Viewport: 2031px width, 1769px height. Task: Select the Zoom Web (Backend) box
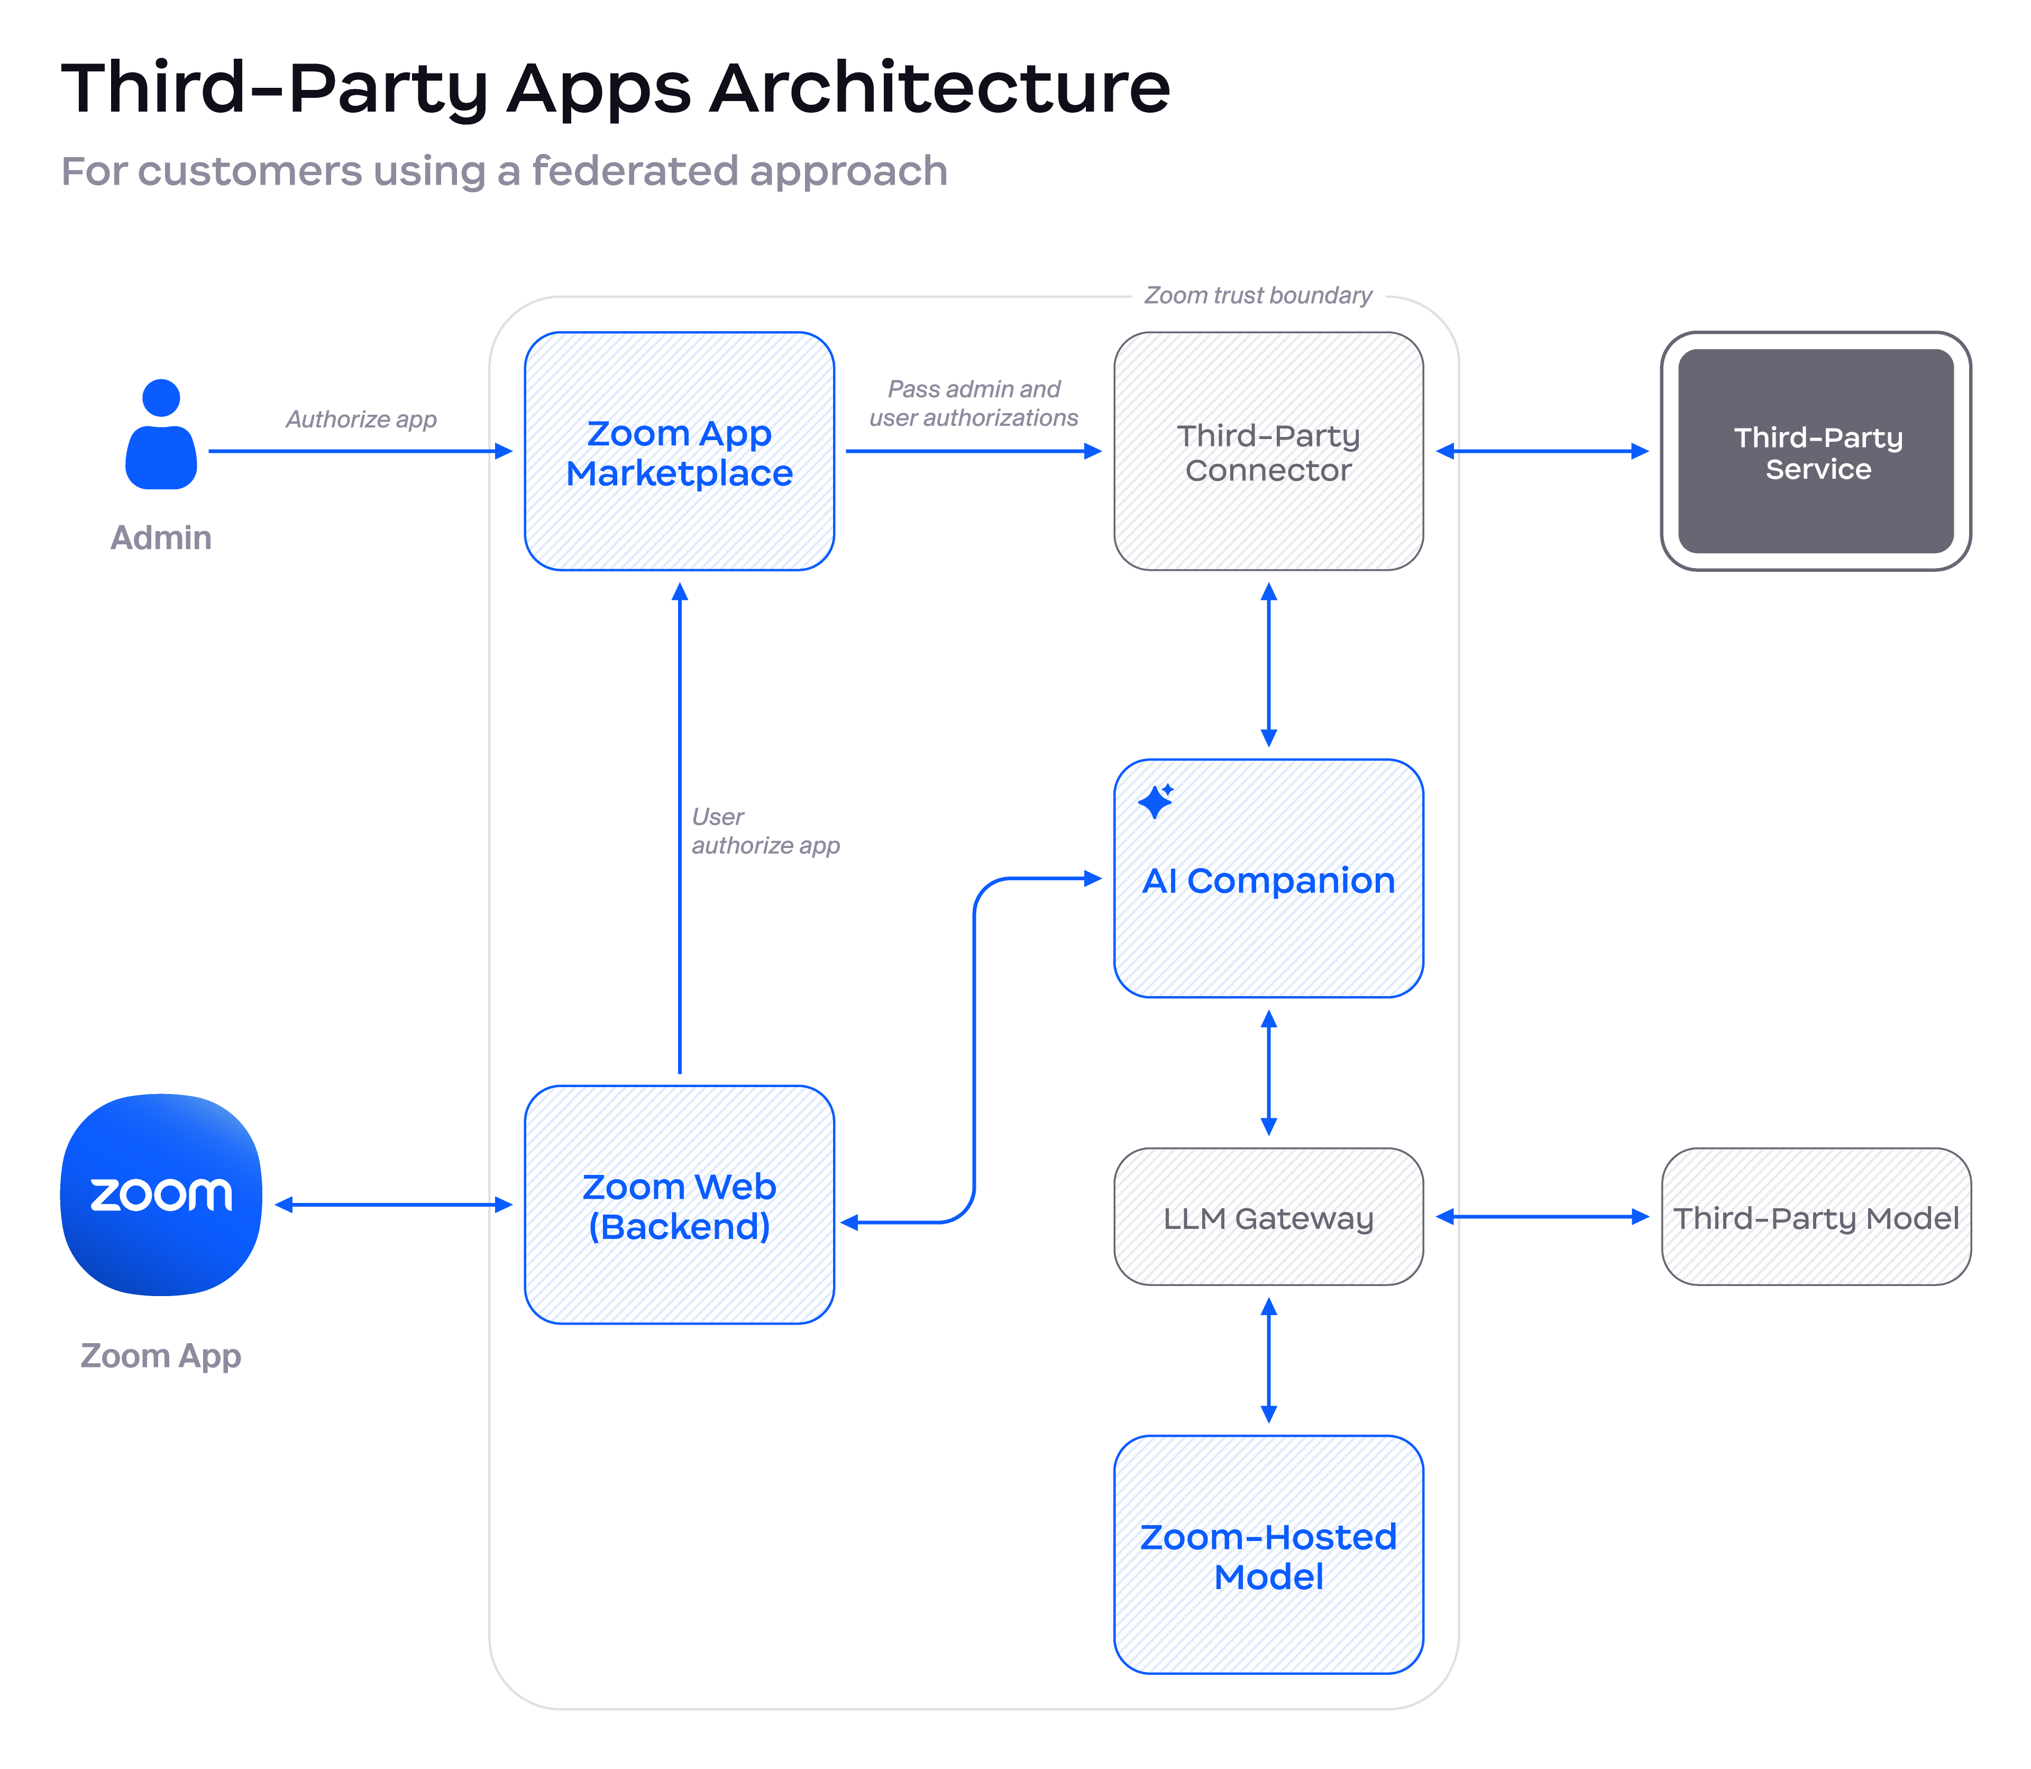click(x=679, y=1205)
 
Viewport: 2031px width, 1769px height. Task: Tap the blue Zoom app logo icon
click(x=161, y=1194)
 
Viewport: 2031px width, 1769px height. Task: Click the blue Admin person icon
click(x=161, y=434)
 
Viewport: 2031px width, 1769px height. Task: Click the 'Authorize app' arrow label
click(x=361, y=420)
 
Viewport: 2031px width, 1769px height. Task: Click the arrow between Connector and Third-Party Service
click(x=1542, y=451)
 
